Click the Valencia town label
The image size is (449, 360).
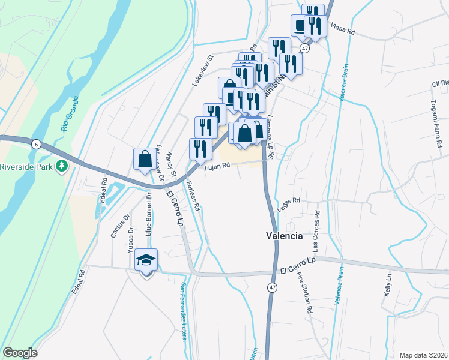284,236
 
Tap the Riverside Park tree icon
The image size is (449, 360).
61,166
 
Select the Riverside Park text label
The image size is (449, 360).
27,166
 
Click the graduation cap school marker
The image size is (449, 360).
146,260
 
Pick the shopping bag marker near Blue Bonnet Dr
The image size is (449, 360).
145,160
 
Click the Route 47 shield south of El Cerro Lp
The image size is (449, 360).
273,288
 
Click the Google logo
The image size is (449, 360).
20,353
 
